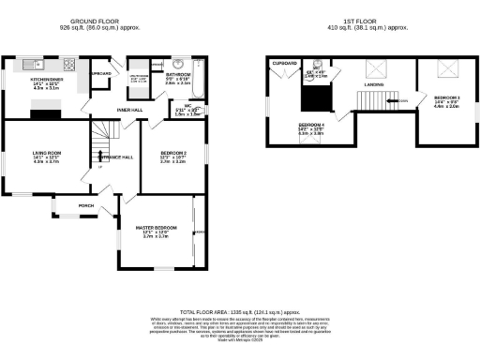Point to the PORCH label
point(85,205)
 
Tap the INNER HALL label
point(129,110)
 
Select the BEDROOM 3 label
point(446,97)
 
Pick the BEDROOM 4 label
point(311,125)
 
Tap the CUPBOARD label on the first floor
point(285,62)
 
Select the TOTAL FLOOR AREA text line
point(239,311)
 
